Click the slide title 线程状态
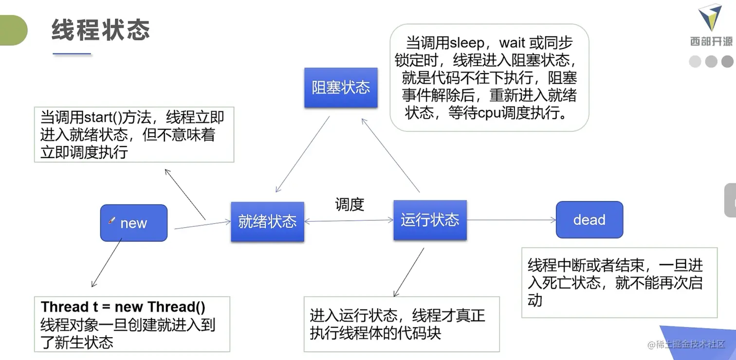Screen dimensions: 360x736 100,30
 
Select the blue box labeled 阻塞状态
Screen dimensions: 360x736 341,88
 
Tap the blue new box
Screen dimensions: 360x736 134,223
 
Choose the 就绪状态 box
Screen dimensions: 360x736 267,222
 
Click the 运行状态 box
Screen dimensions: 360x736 430,220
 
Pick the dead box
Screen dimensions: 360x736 589,220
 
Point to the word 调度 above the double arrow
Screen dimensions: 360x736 350,205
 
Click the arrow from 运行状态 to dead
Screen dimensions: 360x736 511,220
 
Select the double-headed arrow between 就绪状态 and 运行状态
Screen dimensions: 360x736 349,221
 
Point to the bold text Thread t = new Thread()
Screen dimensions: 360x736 123,307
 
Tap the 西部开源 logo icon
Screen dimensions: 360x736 710,18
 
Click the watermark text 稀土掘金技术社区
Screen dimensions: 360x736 690,344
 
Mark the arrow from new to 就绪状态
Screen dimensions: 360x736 202,225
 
